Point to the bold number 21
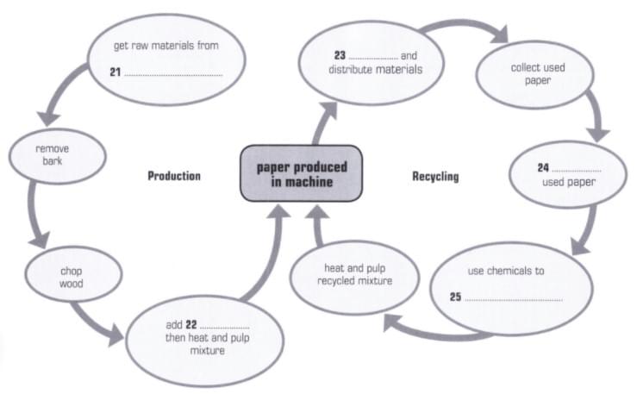coord(116,72)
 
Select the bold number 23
coord(340,55)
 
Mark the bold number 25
coord(456,297)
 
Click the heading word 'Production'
coord(173,176)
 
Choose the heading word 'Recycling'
coord(435,177)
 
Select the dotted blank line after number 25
coord(514,300)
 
